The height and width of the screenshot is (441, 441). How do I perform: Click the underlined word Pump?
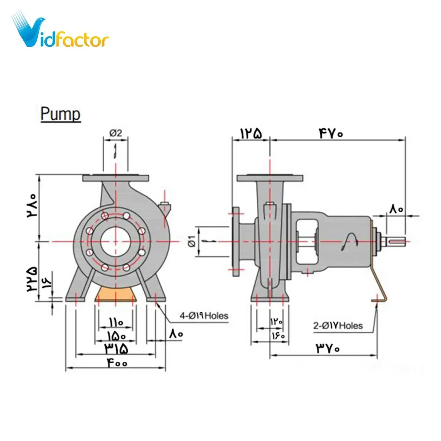[60, 114]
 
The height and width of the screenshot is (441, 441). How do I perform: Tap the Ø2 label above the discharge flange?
[116, 133]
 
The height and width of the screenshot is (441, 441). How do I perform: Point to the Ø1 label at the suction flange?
[192, 241]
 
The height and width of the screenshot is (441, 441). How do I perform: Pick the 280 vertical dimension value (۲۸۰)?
[32, 205]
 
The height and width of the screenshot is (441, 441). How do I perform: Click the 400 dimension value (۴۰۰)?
[117, 363]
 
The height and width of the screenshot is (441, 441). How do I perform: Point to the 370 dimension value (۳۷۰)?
[328, 349]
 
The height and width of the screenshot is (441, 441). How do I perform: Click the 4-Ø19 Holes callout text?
[204, 316]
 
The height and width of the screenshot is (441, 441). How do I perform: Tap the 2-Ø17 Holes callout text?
[338, 326]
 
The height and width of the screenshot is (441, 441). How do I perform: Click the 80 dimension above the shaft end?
[396, 209]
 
